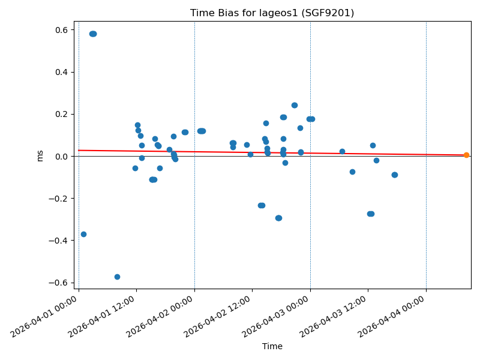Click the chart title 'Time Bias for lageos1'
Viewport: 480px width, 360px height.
(272, 13)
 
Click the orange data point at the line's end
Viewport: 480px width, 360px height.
(466, 155)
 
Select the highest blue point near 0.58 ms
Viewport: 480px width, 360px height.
(93, 34)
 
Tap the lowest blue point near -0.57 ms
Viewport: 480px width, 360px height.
(117, 277)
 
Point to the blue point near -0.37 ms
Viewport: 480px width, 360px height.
(83, 234)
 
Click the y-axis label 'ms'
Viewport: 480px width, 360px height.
(40, 155)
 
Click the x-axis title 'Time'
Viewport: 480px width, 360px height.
(272, 346)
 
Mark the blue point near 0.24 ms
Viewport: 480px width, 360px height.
(295, 105)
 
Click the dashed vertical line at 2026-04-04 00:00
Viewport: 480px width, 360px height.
(426, 180)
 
